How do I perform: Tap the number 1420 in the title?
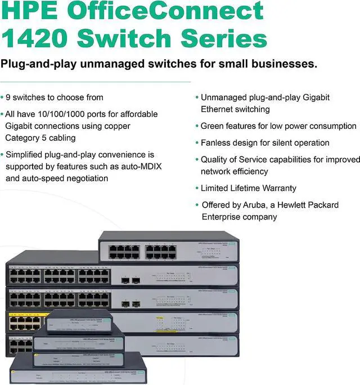(35, 38)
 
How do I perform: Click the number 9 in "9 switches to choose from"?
(8, 97)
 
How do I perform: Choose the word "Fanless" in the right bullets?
(217, 143)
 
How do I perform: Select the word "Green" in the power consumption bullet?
(213, 126)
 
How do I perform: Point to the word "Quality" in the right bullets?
(215, 160)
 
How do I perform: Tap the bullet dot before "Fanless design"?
(196, 143)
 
